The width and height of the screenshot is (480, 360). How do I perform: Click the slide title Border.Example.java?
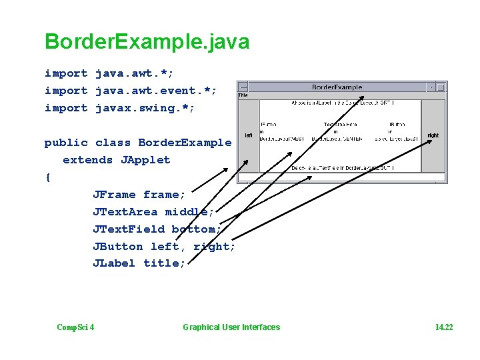pos(147,42)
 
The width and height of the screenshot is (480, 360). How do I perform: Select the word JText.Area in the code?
pos(125,212)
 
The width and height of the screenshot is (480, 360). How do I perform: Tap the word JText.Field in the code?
pos(129,229)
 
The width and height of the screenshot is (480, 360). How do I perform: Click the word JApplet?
pos(145,160)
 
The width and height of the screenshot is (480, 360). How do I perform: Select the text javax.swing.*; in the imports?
pos(145,108)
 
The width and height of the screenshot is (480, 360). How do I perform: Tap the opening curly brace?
pos(47,177)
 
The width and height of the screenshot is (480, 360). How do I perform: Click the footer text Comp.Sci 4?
pos(75,327)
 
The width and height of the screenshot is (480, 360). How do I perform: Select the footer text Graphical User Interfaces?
pos(231,327)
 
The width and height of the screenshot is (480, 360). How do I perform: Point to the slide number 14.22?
pos(443,327)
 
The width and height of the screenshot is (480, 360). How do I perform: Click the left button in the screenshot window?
pos(248,135)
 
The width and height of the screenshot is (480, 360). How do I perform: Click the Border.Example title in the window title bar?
pos(337,87)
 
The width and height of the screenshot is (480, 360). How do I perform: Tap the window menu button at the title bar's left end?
pos(243,87)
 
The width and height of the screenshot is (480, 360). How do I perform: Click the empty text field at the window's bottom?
pos(342,177)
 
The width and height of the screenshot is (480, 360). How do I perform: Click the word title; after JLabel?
pos(165,263)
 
